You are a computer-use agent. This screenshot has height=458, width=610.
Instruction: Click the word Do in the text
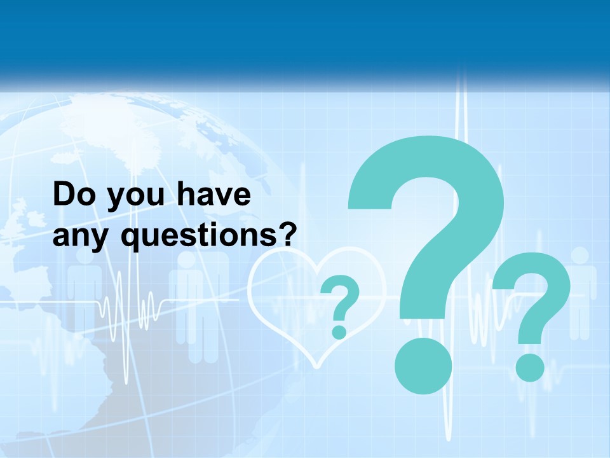pyautogui.click(x=72, y=195)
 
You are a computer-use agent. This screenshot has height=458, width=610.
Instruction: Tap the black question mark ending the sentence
pyautogui.click(x=288, y=234)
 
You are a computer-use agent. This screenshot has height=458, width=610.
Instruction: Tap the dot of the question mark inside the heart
pyautogui.click(x=339, y=331)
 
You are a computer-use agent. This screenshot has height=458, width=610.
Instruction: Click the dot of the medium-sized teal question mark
pyautogui.click(x=529, y=367)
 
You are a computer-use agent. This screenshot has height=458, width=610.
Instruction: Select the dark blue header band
pyautogui.click(x=305, y=38)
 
